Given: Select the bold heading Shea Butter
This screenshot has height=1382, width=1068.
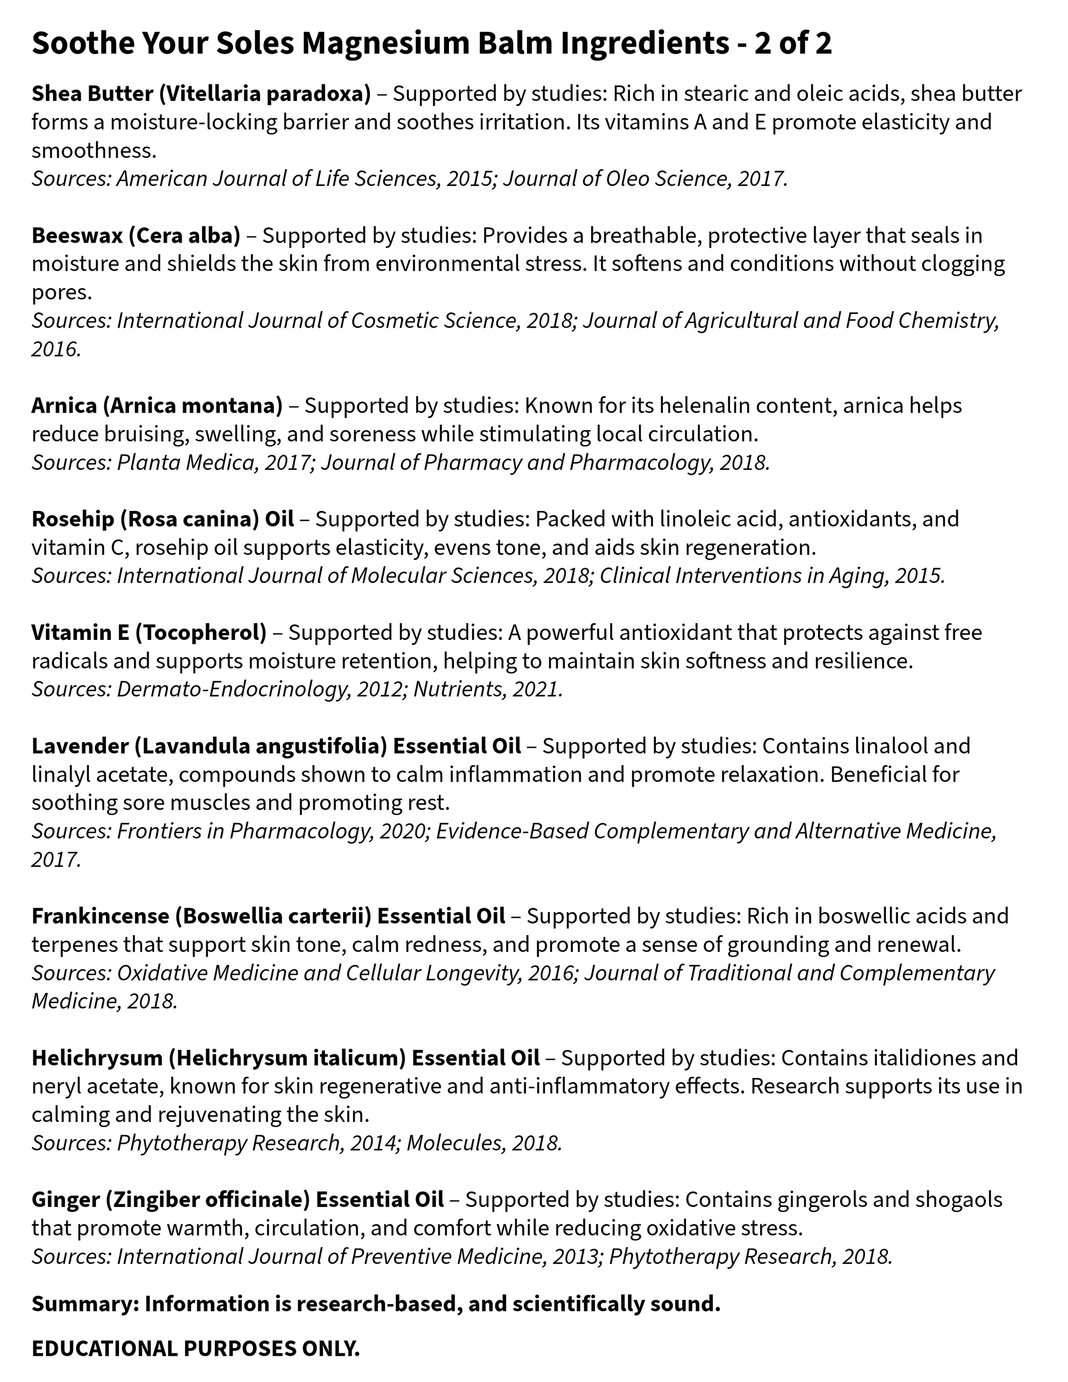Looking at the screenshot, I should tap(92, 94).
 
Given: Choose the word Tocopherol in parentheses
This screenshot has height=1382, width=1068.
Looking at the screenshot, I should tap(200, 632).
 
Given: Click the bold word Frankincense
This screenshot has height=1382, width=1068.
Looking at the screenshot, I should tap(99, 915).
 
